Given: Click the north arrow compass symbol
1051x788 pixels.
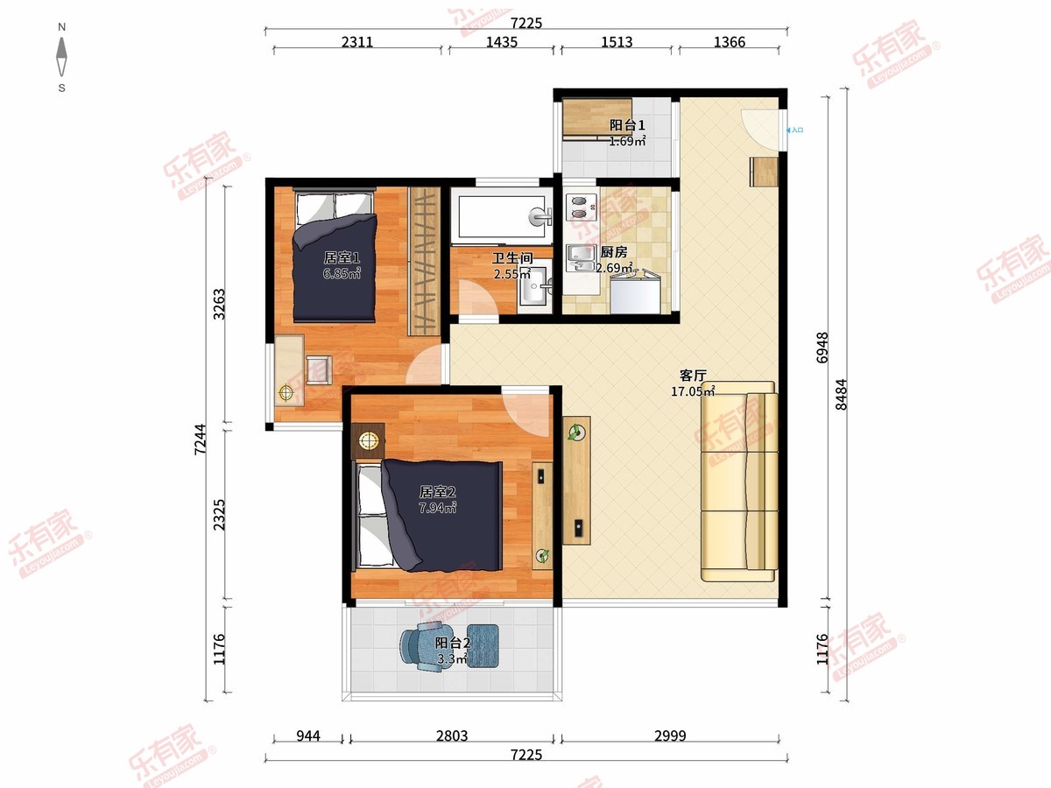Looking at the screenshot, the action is point(62,57).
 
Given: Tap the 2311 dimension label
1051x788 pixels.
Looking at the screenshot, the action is point(357,42).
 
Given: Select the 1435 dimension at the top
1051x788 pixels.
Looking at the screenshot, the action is point(502,42).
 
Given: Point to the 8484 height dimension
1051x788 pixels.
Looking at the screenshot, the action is point(841,394).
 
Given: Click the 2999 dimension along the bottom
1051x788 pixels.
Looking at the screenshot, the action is point(670,735).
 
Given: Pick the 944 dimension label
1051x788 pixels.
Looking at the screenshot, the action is point(308,735).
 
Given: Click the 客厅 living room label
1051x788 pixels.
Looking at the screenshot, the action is point(693,376).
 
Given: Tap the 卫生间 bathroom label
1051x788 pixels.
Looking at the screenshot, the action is point(512,258).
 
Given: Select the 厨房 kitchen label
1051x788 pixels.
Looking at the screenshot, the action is point(614,252).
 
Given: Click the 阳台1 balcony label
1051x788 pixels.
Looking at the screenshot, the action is point(627,125).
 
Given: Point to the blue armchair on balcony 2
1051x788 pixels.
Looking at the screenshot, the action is point(422,646).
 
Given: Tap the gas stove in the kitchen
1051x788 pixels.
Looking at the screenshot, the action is point(582,208).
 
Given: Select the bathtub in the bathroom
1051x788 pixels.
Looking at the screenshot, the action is point(502,217).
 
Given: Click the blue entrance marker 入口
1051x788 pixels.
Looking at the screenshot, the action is point(795,130).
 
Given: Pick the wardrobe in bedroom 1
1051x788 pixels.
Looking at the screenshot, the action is point(424,261).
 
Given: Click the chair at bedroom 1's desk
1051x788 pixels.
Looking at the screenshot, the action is point(319,369).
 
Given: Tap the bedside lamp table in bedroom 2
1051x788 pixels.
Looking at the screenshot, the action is point(368,441).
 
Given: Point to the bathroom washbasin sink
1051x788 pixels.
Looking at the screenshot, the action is point(535,285).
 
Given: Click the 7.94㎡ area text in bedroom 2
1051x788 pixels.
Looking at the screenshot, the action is point(438,508).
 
